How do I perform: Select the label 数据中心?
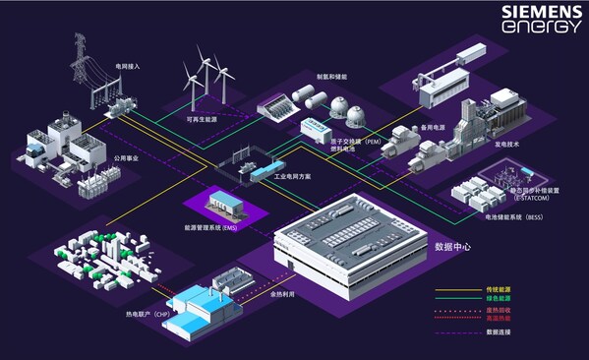453,247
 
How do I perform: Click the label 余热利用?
285,292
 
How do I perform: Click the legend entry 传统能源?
501,289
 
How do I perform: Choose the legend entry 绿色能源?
501,299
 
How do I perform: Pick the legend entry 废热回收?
501,311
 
